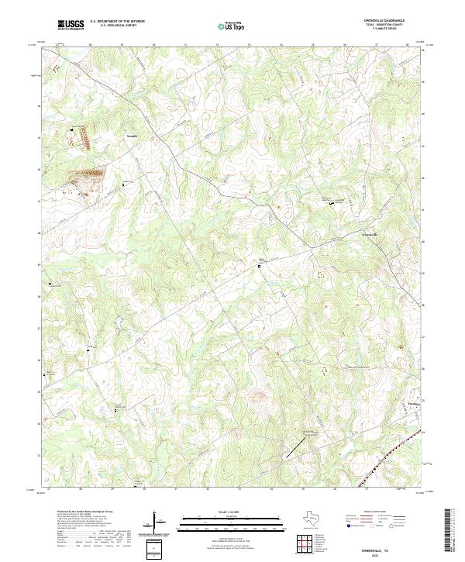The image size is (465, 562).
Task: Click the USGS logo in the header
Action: (71, 26)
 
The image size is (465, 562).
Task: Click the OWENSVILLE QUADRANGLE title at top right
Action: (394, 20)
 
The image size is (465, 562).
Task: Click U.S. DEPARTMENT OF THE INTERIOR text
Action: (117, 22)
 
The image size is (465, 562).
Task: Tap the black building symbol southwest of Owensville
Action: (260, 265)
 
